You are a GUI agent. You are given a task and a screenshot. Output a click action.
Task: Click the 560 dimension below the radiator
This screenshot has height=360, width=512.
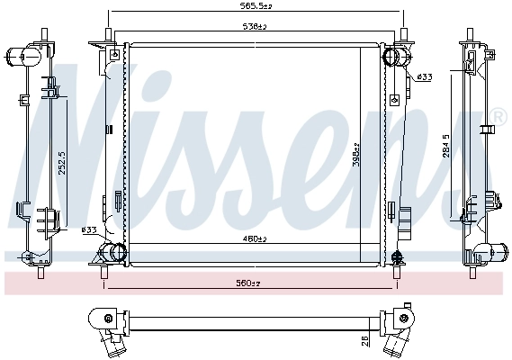(x=249, y=283)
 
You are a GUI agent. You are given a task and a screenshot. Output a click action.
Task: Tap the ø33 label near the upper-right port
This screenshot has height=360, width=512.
(x=425, y=77)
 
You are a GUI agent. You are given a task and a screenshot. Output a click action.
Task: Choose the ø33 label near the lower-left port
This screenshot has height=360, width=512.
(x=89, y=230)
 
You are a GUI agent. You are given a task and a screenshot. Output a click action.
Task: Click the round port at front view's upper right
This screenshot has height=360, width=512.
(x=393, y=57)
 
